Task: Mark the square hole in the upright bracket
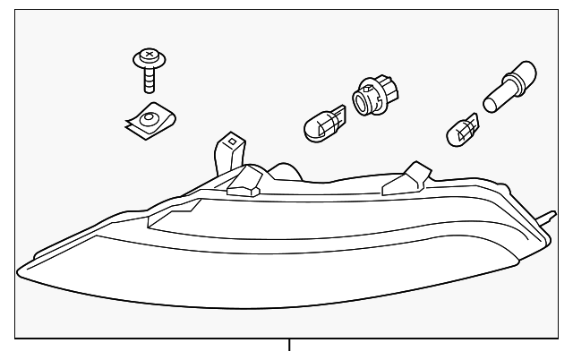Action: tap(231, 141)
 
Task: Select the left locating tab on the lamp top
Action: tap(244, 184)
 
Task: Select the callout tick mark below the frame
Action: tap(289, 345)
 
